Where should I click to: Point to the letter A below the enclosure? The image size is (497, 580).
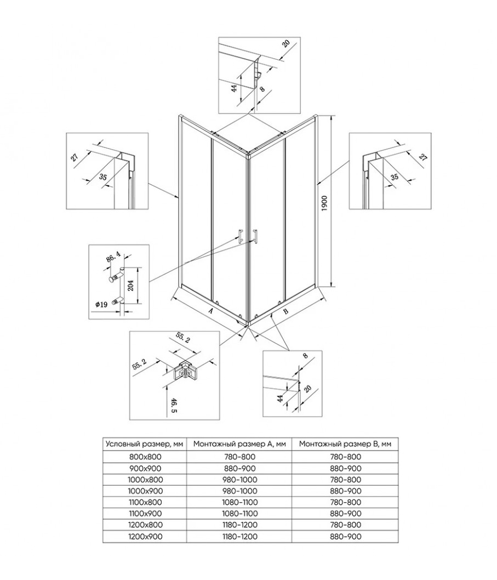pyautogui.click(x=211, y=311)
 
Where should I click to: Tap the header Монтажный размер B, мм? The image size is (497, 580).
pyautogui.click(x=345, y=443)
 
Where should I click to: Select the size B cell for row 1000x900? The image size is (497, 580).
pyautogui.click(x=345, y=490)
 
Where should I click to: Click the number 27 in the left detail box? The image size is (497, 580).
pyautogui.click(x=76, y=157)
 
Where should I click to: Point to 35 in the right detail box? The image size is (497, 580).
pyautogui.click(x=393, y=177)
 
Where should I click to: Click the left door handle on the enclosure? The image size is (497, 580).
pyautogui.click(x=239, y=235)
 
